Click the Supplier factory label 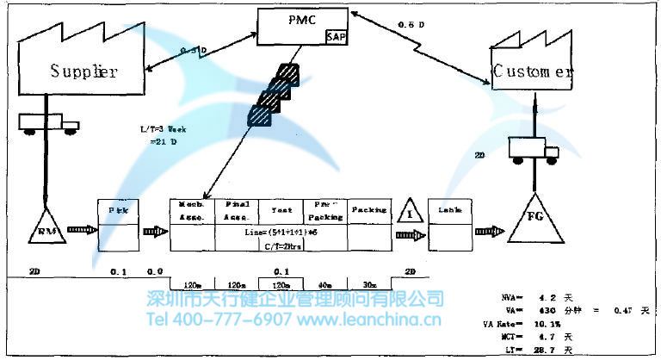[83, 71]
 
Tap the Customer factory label [532, 72]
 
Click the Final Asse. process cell [237, 211]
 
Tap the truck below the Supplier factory [47, 122]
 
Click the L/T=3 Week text [163, 128]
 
